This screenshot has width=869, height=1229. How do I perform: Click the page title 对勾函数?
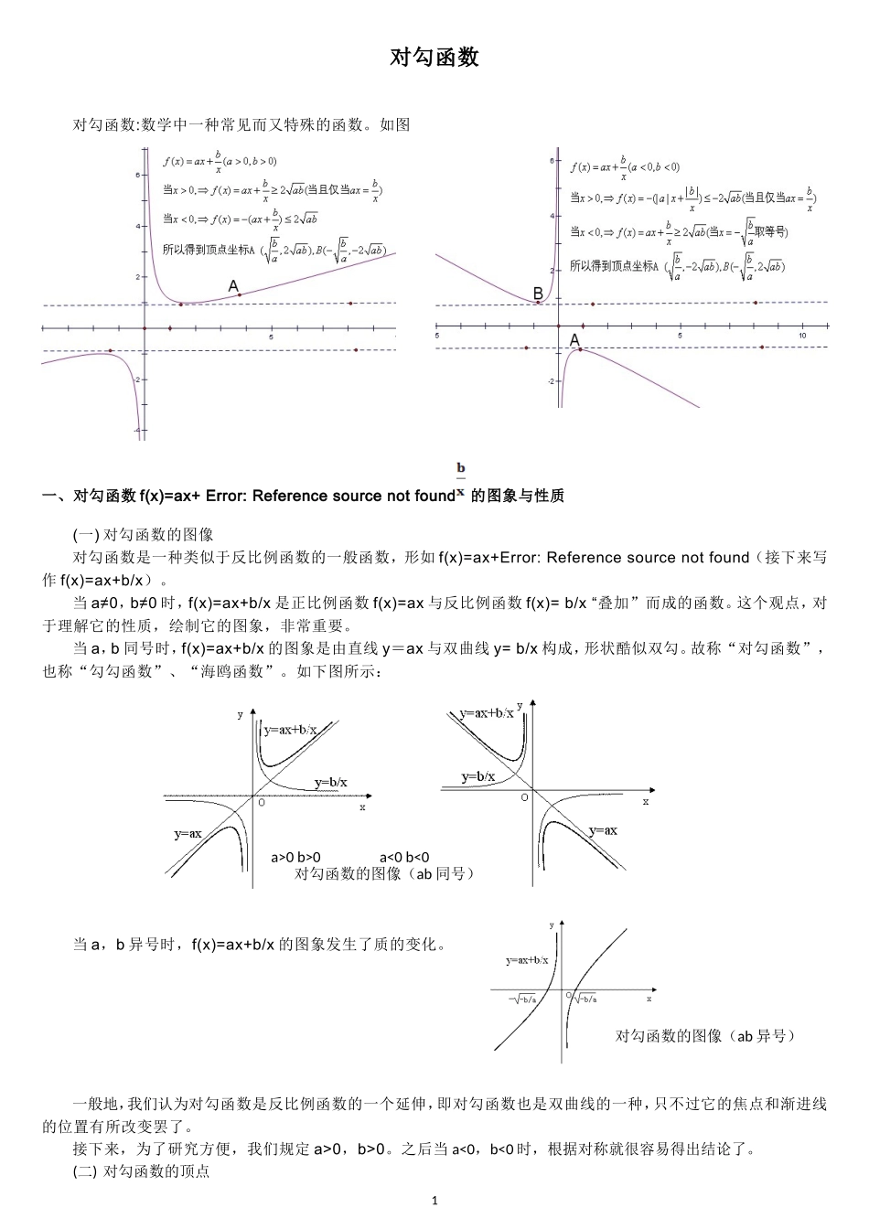pos(434,58)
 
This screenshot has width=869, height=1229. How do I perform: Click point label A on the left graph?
pos(234,287)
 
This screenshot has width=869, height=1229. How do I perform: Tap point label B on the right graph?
pos(538,294)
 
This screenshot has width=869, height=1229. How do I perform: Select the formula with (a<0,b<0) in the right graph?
pos(625,166)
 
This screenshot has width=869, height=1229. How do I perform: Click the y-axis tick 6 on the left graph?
pos(136,175)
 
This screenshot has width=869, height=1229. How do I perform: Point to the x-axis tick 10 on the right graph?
pos(802,337)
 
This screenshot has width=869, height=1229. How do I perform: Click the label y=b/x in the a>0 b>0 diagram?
pos(330,782)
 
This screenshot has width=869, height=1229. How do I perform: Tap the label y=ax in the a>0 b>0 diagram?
pos(188,833)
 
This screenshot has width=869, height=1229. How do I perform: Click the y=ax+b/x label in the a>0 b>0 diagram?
pos(290,729)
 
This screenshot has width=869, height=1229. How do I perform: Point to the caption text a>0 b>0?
pos(295,857)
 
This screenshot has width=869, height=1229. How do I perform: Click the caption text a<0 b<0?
pos(404,857)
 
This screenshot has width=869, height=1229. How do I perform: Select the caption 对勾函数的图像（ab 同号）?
pos(385,873)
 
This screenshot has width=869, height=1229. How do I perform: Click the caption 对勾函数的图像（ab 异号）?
pos(705,1035)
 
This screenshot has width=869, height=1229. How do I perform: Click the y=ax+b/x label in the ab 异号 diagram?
pos(527,960)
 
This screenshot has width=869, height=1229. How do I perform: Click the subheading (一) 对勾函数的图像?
pos(143,535)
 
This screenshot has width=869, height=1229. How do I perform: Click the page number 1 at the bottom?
pos(434,1201)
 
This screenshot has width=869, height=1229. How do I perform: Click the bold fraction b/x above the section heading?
pos(461,477)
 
